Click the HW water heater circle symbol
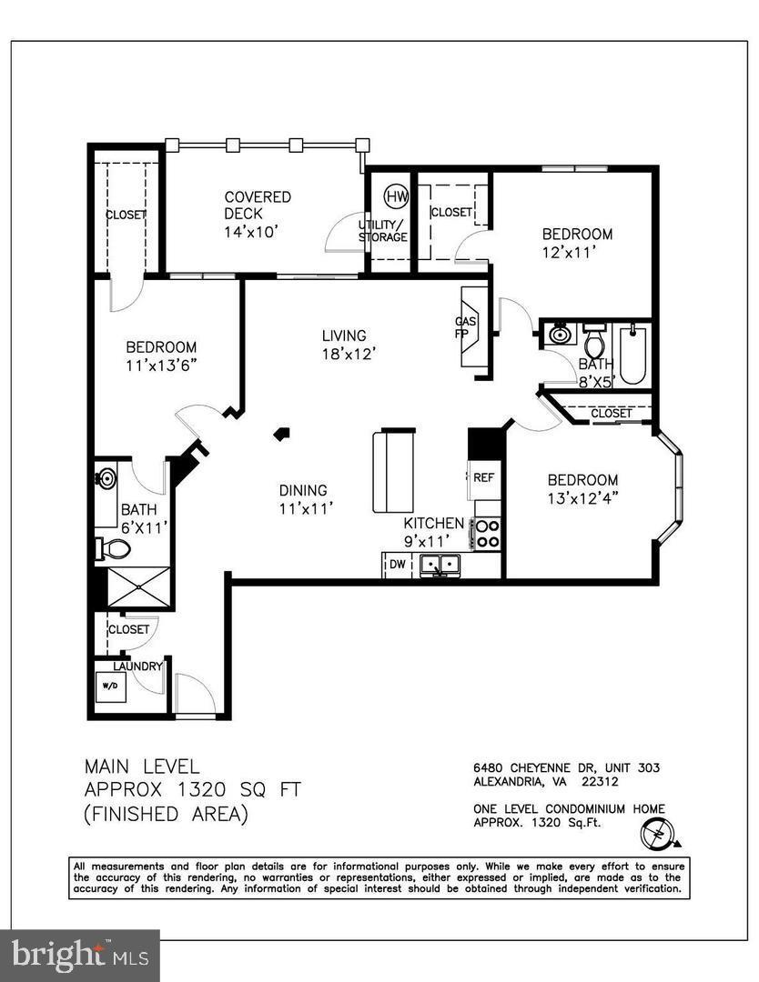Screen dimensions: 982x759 click(x=395, y=195)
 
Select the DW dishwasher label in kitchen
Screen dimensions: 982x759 click(x=397, y=565)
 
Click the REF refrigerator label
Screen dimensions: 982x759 click(x=482, y=476)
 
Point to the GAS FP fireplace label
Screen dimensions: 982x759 click(x=463, y=327)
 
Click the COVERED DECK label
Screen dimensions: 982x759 click(x=258, y=205)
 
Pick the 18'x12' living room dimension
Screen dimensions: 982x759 click(x=349, y=354)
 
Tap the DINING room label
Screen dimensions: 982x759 click(x=303, y=490)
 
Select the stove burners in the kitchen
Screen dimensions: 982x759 click(x=488, y=533)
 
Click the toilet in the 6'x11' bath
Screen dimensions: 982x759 click(x=113, y=548)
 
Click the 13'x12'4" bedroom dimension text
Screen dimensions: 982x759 click(x=582, y=498)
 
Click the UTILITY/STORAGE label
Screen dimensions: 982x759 click(x=382, y=230)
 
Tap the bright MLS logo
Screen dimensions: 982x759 click(x=79, y=956)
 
